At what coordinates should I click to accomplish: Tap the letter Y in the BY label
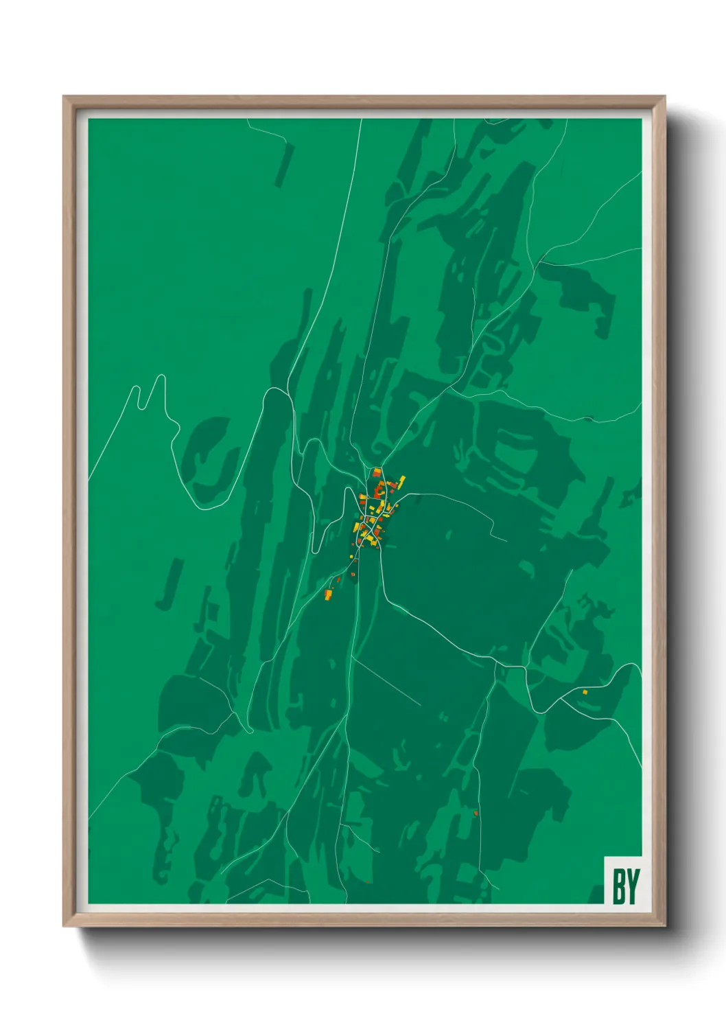pos(632,886)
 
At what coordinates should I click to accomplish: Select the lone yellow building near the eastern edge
pos(585,692)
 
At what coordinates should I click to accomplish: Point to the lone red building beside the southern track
pos(476,813)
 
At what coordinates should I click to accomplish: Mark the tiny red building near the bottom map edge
pos(368,882)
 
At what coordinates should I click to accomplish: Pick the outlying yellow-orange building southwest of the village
pos(329,594)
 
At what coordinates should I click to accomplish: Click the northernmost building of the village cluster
pos(377,472)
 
